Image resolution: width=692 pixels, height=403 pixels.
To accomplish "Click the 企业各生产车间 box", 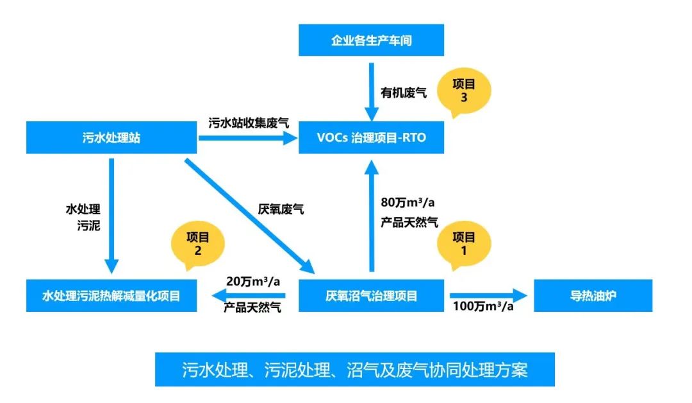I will click(x=371, y=40).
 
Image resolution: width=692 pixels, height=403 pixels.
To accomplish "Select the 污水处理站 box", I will click(x=111, y=137).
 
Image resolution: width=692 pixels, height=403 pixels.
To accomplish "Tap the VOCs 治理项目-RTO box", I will click(x=371, y=137).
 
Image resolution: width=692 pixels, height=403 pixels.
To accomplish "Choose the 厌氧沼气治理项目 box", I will click(x=371, y=296).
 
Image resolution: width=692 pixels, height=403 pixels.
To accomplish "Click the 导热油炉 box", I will click(x=593, y=296).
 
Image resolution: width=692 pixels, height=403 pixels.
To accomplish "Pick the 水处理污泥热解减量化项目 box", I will click(x=111, y=296).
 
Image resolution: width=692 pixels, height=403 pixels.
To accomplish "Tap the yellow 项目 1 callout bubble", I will click(x=464, y=244).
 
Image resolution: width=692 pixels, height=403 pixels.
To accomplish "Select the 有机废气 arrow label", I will click(x=404, y=94).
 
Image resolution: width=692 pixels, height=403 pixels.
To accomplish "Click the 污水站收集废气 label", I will click(x=248, y=122).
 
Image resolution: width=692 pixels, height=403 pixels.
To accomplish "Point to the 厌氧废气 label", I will click(x=281, y=209).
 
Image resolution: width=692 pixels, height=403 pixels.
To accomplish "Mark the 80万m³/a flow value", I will click(x=408, y=203).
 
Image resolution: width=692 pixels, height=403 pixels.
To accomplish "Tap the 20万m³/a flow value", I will click(x=254, y=281).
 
